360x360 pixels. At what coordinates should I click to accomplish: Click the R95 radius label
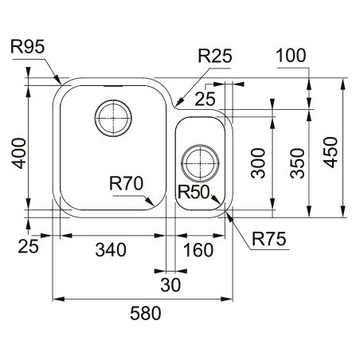pyautogui.click(x=28, y=47)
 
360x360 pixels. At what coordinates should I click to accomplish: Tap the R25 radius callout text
pyautogui.click(x=215, y=56)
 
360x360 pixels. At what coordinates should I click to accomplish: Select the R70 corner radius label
pyautogui.click(x=126, y=183)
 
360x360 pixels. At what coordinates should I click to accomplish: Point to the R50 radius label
pyautogui.click(x=194, y=192)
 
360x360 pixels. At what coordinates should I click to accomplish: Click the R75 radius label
pyautogui.click(x=269, y=239)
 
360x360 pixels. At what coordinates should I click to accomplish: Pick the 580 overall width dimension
pyautogui.click(x=146, y=313)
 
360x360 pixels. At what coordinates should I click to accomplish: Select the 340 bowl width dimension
pyautogui.click(x=111, y=250)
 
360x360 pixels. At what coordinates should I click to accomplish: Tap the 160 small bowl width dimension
pyautogui.click(x=198, y=250)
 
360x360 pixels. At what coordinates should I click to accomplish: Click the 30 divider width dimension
pyautogui.click(x=170, y=285)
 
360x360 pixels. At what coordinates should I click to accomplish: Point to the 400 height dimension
pyautogui.click(x=20, y=153)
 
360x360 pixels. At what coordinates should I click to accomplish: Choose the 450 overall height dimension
pyautogui.click(x=331, y=152)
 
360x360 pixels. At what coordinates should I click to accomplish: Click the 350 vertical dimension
pyautogui.click(x=297, y=163)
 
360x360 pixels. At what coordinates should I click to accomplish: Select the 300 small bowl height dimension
pyautogui.click(x=258, y=163)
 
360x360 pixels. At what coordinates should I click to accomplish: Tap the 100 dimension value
pyautogui.click(x=291, y=56)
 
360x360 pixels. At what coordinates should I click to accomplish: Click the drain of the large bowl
pyautogui.click(x=113, y=118)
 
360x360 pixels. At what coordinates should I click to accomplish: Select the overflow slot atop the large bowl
pyautogui.click(x=113, y=86)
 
